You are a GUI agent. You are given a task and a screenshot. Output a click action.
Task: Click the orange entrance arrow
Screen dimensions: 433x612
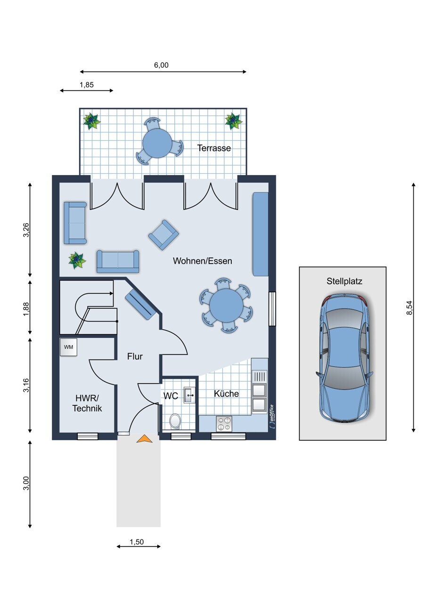[x=144, y=439]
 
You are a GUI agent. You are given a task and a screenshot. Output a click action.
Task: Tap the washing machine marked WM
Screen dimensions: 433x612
[x=68, y=347]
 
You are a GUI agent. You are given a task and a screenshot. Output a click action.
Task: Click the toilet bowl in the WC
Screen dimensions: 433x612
[x=175, y=421]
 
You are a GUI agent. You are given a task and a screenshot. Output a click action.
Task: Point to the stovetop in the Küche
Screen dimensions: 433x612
[x=224, y=424]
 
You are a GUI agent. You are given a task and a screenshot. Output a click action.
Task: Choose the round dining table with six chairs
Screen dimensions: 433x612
[x=226, y=305]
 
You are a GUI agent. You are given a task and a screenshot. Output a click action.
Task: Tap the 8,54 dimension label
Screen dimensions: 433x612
[x=409, y=307]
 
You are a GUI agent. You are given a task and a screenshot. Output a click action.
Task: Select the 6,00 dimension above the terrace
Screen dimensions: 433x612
[x=161, y=65]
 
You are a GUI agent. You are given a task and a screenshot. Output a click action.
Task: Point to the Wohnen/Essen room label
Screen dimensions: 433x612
[x=203, y=261]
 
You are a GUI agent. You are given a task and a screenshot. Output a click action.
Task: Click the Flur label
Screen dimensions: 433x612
[x=135, y=356]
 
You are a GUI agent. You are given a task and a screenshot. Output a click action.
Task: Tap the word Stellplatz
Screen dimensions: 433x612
[x=344, y=282]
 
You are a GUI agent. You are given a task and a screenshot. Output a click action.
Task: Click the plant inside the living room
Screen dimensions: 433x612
[x=77, y=261]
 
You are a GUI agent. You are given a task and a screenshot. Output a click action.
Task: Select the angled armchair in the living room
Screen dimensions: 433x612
[x=164, y=235]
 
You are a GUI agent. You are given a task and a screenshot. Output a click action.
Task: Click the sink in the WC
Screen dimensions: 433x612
[x=189, y=395]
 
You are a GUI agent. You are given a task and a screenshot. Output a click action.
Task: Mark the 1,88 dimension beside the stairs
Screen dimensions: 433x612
[x=26, y=309]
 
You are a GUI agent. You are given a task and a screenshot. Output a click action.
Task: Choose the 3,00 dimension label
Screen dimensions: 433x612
[x=26, y=483]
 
